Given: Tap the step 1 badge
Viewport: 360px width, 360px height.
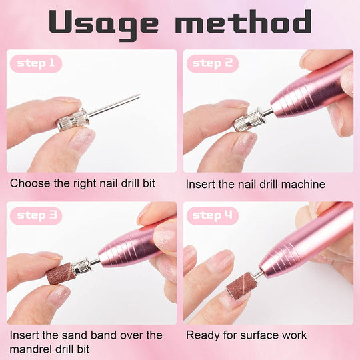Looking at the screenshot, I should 35,64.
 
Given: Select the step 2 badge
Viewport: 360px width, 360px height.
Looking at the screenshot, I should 213,64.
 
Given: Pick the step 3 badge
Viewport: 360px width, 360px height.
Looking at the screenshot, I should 35,215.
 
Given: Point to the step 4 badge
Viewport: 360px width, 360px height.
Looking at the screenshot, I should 213,215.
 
